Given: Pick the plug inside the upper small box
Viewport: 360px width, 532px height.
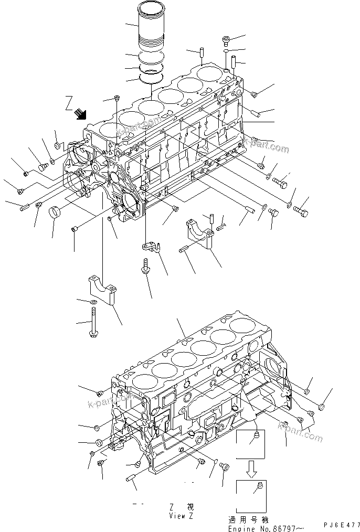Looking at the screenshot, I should [x=256, y=437].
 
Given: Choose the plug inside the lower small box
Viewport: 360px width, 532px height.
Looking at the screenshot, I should [x=258, y=489].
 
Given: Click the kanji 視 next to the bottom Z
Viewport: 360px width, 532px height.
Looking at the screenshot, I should [x=190, y=507].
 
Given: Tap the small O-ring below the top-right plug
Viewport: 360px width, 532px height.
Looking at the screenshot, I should [x=225, y=52].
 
